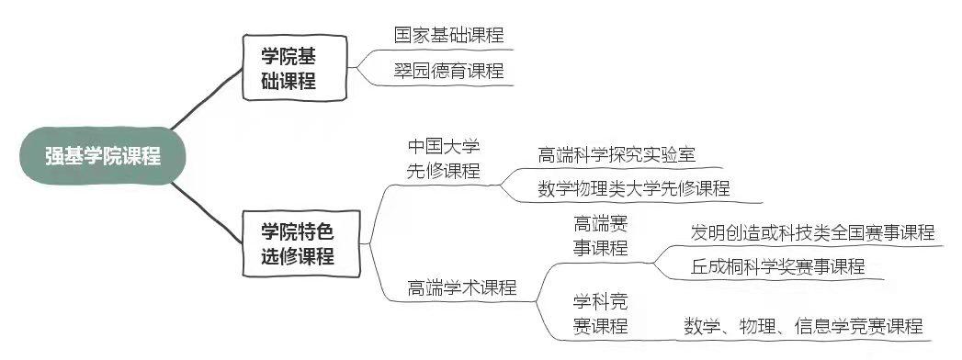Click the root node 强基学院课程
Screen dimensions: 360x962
103,156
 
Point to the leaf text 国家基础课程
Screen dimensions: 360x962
448,36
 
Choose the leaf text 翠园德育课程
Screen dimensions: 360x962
448,71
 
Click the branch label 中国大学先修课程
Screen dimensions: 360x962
444,159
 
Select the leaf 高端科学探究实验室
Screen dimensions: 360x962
617,154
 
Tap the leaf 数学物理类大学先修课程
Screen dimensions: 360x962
634,188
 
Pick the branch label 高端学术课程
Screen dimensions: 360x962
461,287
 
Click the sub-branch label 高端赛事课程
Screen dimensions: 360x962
600,235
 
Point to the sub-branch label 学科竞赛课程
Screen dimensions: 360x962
600,313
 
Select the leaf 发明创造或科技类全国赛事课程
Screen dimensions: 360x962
812,231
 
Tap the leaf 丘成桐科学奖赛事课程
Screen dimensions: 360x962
777,266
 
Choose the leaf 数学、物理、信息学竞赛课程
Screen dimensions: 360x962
802,326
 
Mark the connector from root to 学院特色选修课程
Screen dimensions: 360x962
207,207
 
